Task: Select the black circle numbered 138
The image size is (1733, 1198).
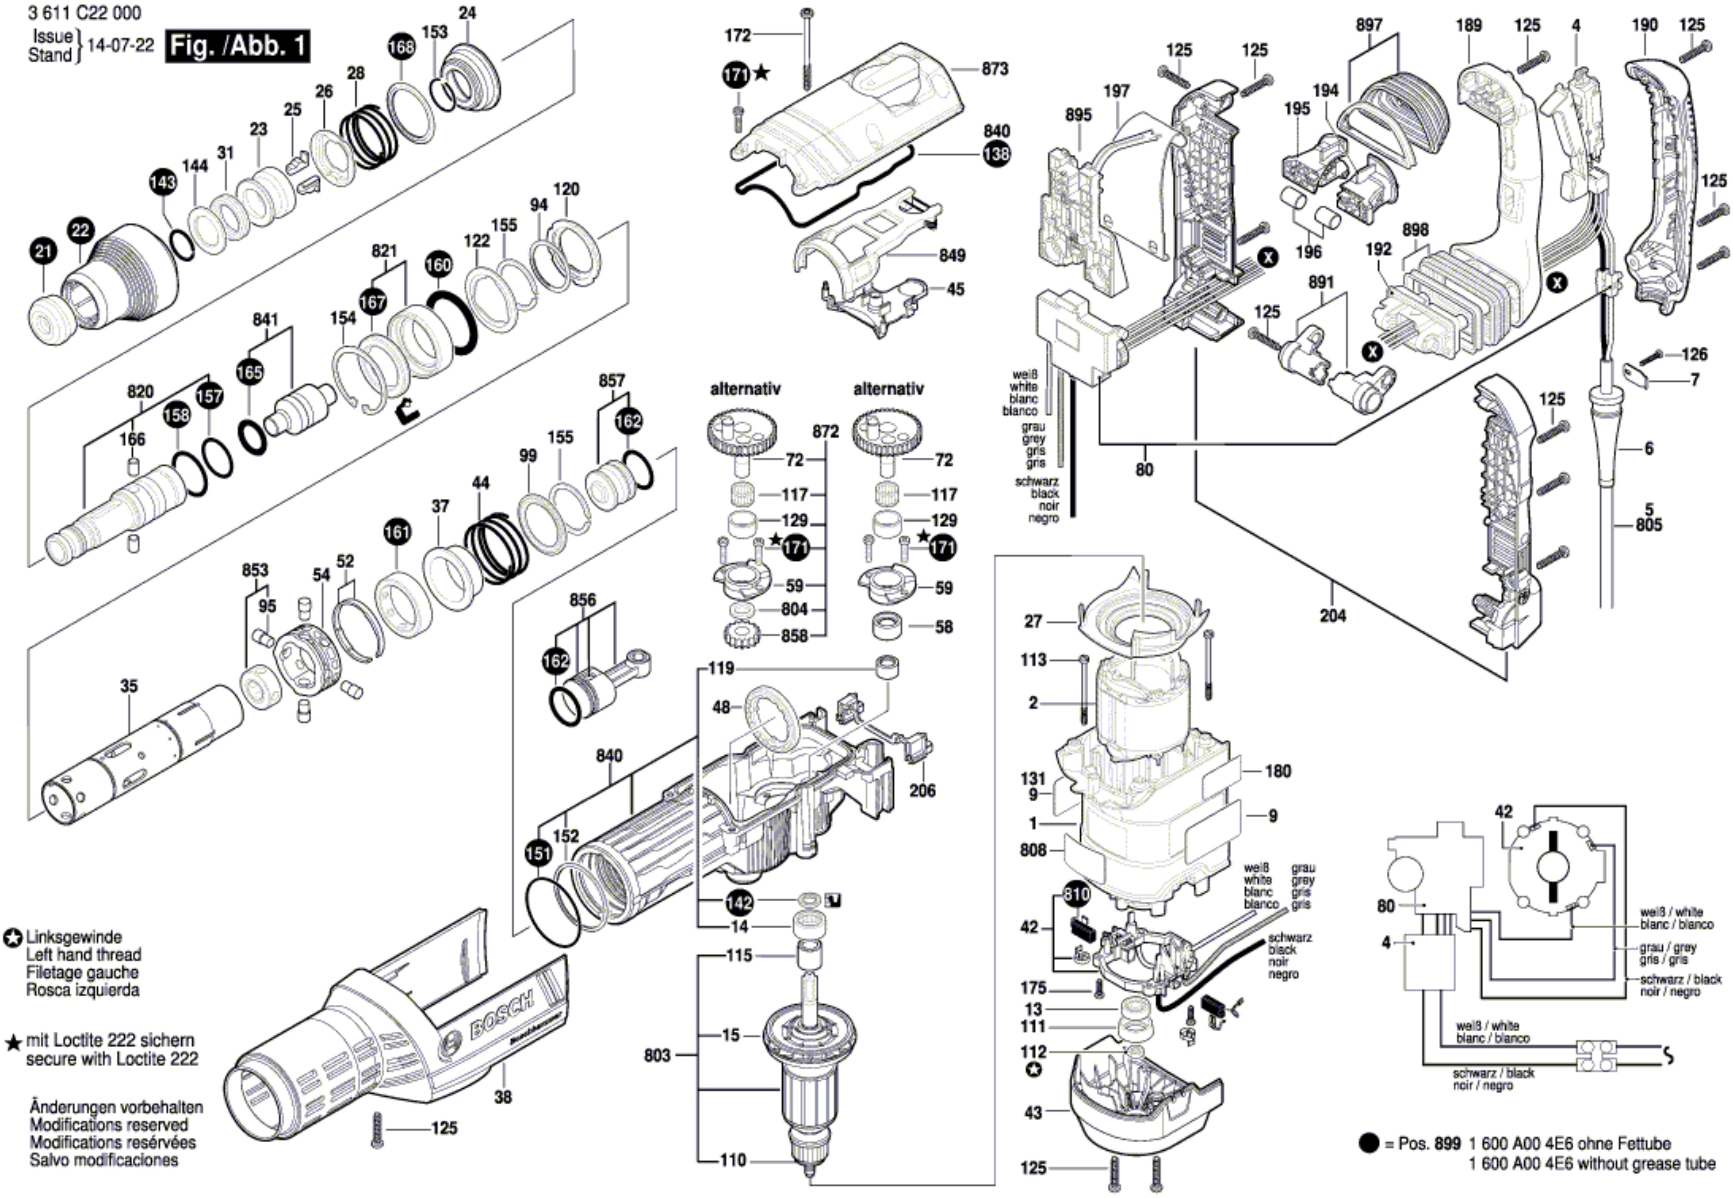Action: (997, 154)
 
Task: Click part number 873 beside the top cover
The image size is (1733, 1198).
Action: (995, 69)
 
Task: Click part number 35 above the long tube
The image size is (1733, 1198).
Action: (129, 686)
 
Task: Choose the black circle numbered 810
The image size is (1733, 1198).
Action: (1076, 894)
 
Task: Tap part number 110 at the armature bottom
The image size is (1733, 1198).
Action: (733, 1161)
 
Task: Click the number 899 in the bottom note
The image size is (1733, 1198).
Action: (1447, 1144)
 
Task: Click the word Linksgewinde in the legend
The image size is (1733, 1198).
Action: (74, 937)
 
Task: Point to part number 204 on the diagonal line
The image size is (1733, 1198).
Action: (1333, 616)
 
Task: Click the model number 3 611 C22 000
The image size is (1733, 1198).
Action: (84, 13)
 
